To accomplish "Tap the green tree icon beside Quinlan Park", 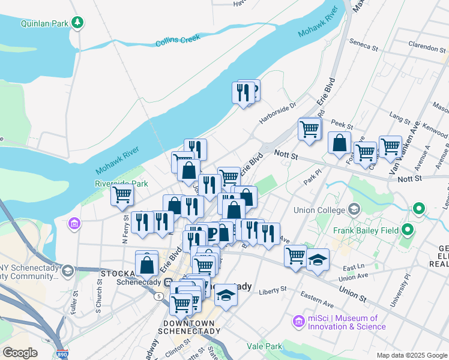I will tap(77, 23).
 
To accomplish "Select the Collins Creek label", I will tap(177, 41).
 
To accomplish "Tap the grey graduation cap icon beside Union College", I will tap(354, 209).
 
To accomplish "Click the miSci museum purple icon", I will tap(298, 322).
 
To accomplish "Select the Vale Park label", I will tap(264, 346).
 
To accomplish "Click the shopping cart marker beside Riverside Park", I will tap(122, 194).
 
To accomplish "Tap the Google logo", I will tap(20, 352).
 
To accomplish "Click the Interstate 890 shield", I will tap(62, 354).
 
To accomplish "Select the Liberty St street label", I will tap(273, 290).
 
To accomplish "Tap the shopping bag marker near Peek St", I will tap(340, 143).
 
